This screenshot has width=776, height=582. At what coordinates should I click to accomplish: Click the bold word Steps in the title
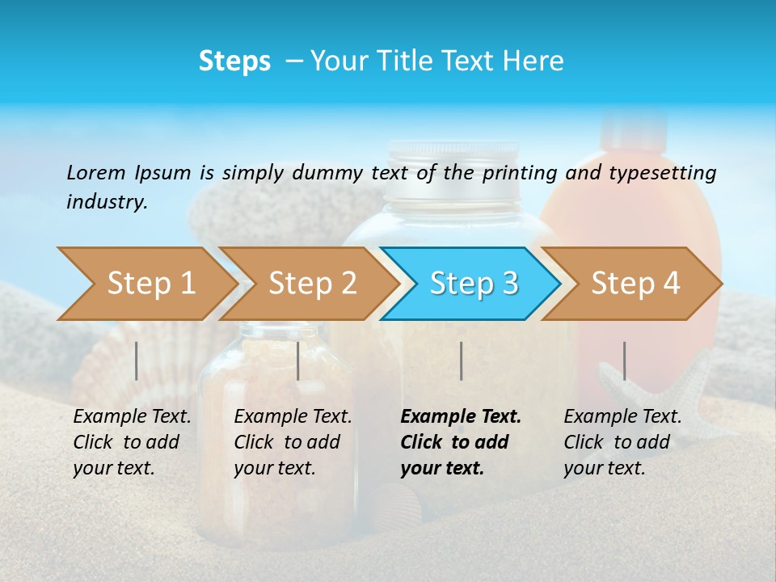pos(234,61)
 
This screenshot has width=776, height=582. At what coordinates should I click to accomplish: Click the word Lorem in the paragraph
pos(95,172)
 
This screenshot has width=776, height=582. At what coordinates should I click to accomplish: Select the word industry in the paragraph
pos(107,201)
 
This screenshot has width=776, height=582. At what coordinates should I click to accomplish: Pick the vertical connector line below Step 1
pos(137,361)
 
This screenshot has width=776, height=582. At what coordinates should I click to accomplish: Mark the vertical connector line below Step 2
pos(298,361)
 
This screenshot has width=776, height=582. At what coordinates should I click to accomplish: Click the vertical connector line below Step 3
pos(461,361)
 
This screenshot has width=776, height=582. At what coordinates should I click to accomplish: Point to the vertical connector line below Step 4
pos(624,361)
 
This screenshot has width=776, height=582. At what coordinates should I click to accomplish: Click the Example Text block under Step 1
pos(132,442)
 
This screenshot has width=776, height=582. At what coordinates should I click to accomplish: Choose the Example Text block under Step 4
pos(622,442)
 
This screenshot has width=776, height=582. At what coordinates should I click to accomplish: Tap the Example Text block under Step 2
pos(293,442)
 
